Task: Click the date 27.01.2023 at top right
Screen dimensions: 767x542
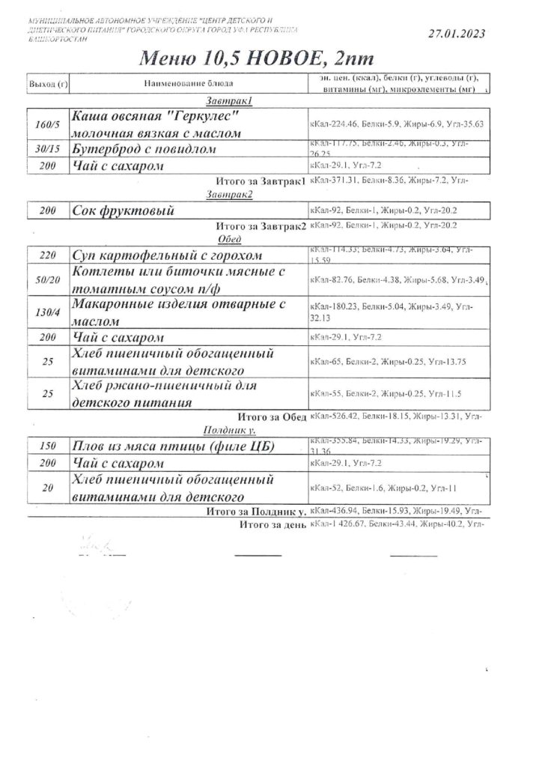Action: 456,33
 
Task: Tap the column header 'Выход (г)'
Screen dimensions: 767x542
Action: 48,83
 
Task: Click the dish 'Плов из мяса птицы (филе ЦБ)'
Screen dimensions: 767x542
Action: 171,446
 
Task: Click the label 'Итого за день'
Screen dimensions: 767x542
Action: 272,524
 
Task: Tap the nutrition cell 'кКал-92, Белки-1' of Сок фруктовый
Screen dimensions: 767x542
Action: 383,212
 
